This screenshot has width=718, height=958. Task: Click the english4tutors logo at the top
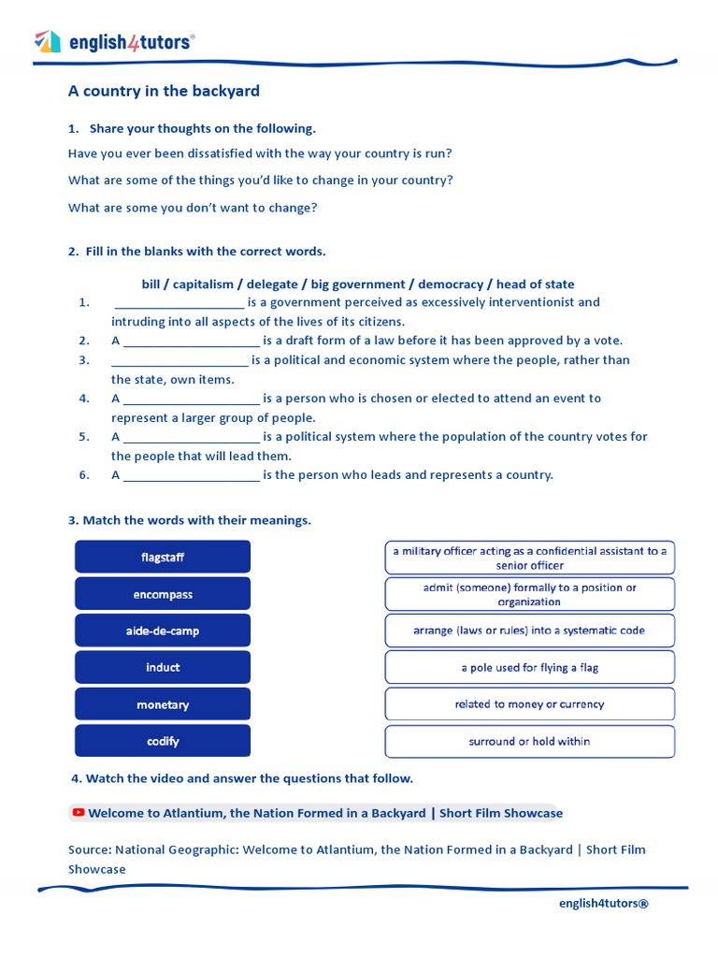(x=114, y=42)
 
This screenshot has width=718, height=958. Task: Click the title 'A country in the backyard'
(x=164, y=91)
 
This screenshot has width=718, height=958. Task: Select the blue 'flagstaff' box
(x=163, y=557)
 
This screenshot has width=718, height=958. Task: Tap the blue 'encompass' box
(x=163, y=594)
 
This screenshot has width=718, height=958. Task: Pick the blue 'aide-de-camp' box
(x=163, y=631)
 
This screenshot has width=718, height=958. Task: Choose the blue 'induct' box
(x=163, y=667)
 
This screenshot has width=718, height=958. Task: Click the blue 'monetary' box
(x=163, y=704)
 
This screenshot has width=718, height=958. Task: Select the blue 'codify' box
(x=163, y=741)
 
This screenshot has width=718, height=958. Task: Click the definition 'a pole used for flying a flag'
(x=529, y=667)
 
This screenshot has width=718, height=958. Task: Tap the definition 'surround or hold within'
(x=529, y=741)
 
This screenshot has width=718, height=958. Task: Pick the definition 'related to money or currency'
(x=529, y=704)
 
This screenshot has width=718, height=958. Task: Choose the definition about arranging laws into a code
(x=529, y=631)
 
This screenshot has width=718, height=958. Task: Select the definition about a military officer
(x=529, y=558)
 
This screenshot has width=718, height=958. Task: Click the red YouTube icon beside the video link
(x=79, y=813)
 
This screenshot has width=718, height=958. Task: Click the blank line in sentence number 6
(x=191, y=476)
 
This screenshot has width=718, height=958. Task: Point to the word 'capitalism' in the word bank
(x=203, y=284)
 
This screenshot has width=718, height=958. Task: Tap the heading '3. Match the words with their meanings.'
(x=190, y=520)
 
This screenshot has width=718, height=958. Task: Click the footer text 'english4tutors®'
(x=603, y=903)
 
